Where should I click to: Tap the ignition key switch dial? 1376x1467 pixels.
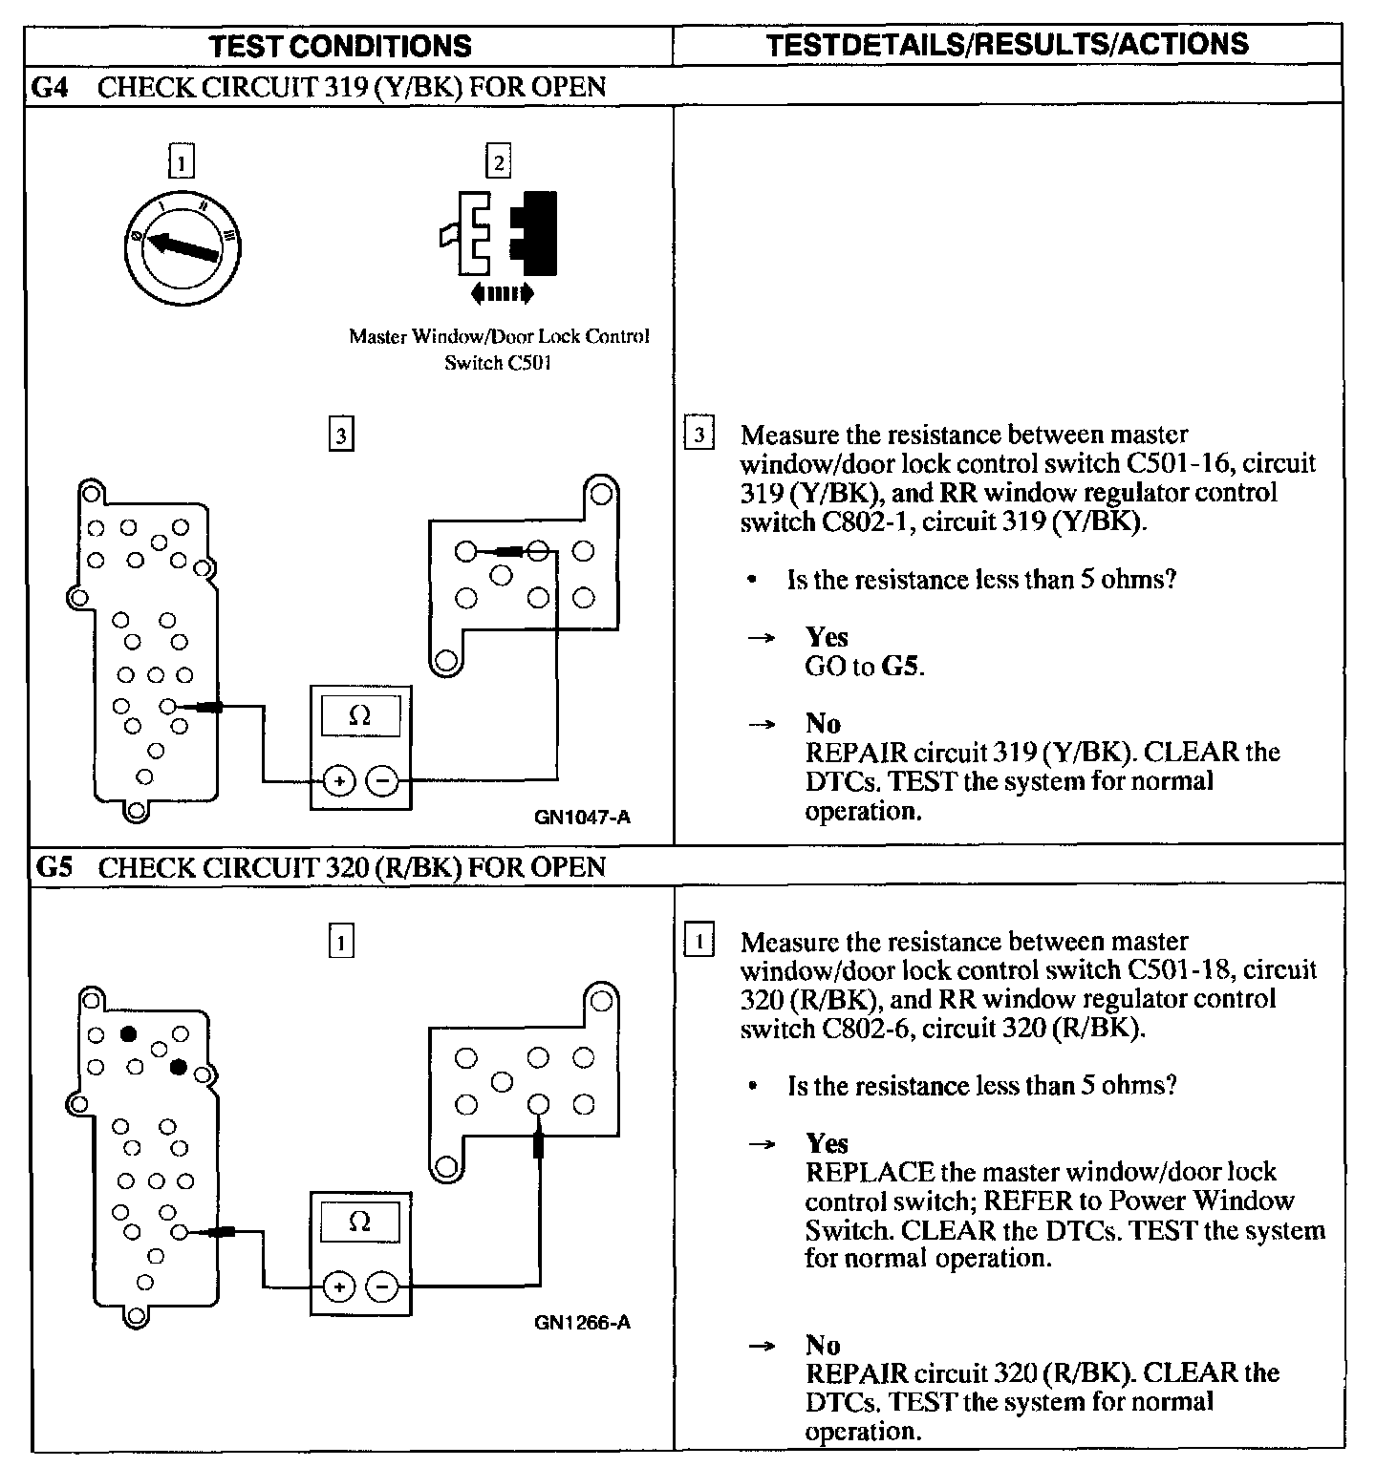[x=183, y=247]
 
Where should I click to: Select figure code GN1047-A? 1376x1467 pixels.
[x=583, y=818]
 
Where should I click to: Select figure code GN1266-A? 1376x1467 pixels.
[x=583, y=1323]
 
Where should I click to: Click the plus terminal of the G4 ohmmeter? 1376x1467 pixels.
[x=338, y=781]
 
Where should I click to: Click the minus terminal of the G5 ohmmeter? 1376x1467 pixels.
[x=383, y=1286]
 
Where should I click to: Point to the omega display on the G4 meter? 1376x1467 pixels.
[x=360, y=715]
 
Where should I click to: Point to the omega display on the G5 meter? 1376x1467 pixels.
[x=360, y=1222]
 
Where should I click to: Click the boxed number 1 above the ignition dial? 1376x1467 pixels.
[x=181, y=161]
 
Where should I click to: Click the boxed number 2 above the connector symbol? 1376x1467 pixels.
[x=499, y=161]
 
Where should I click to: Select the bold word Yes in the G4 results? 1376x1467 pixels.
[x=827, y=637]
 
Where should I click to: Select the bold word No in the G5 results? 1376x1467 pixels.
[x=823, y=1346]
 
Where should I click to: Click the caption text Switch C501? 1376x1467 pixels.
[x=498, y=363]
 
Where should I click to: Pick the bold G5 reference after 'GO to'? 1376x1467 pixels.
[x=900, y=667]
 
